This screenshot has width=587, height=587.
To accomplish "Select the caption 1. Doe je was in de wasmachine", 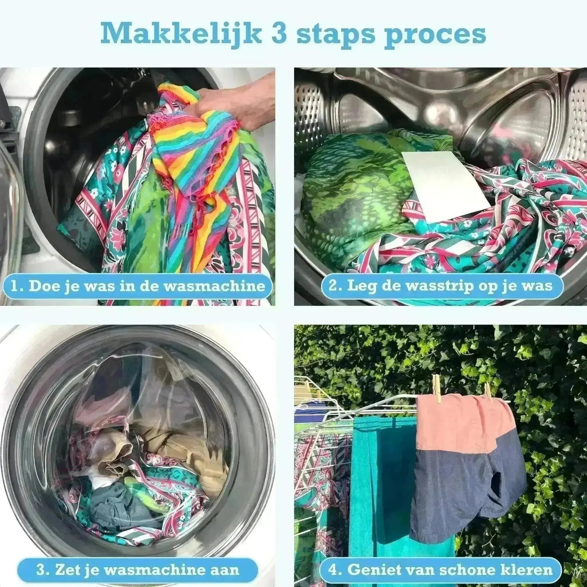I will point(137,286).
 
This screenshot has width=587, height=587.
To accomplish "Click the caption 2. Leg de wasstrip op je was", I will point(442,286).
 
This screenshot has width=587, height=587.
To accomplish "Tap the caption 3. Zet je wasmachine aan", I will point(137,569).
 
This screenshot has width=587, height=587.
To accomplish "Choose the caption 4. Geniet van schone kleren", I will point(442,569).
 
